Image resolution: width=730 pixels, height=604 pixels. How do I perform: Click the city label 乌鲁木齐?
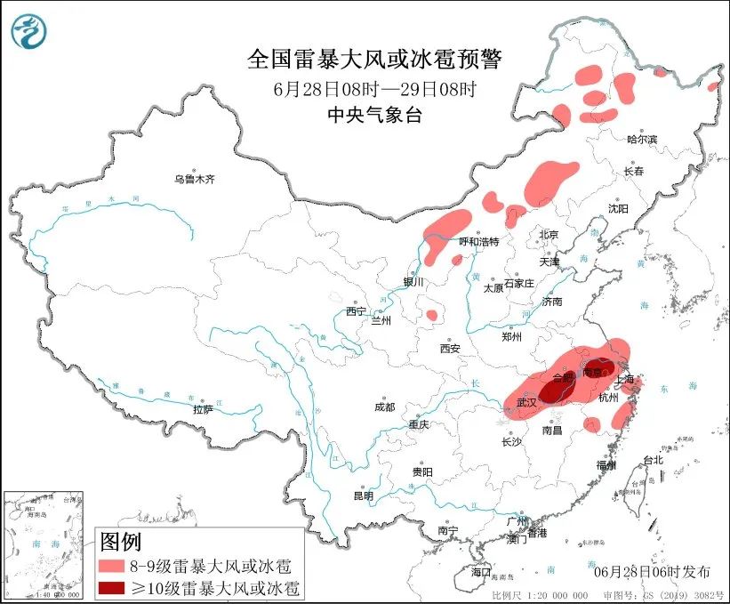point(194,179)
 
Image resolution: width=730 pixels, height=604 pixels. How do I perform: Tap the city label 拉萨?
point(203,409)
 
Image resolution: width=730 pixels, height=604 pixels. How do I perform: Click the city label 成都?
point(384,407)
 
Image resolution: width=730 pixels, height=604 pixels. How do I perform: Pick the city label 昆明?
point(365,495)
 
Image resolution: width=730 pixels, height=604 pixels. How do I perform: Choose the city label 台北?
point(653,460)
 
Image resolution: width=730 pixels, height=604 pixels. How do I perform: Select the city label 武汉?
point(526,403)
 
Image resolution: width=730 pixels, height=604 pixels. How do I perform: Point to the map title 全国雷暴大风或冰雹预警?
point(373,60)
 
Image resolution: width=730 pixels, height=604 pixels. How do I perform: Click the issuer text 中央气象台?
point(373,114)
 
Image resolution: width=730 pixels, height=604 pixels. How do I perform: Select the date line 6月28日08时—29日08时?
point(373,89)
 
